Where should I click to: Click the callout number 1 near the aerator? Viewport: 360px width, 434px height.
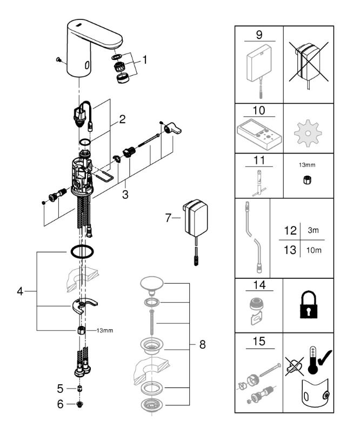144,60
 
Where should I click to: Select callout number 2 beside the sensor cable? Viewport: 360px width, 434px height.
122,119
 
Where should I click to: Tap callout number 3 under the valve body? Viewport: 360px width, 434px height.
125,195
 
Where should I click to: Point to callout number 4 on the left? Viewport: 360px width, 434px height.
20,291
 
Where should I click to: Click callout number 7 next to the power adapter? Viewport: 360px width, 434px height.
168,218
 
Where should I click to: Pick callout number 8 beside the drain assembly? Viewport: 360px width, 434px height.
202,344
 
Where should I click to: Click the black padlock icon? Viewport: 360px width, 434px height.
309,304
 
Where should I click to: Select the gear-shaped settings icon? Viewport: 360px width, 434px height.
308,133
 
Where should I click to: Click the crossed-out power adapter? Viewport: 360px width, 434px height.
308,62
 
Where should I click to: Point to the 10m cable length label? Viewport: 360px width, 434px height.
314,250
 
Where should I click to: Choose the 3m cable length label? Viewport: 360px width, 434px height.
313,230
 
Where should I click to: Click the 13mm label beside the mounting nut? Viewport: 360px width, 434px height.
105,330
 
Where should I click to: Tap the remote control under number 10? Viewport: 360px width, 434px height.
259,134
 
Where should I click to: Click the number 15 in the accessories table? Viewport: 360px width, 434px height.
259,341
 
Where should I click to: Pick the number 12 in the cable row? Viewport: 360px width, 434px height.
290,230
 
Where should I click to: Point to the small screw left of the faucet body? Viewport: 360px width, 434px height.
58,59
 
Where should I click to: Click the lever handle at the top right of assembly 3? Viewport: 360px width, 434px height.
172,129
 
